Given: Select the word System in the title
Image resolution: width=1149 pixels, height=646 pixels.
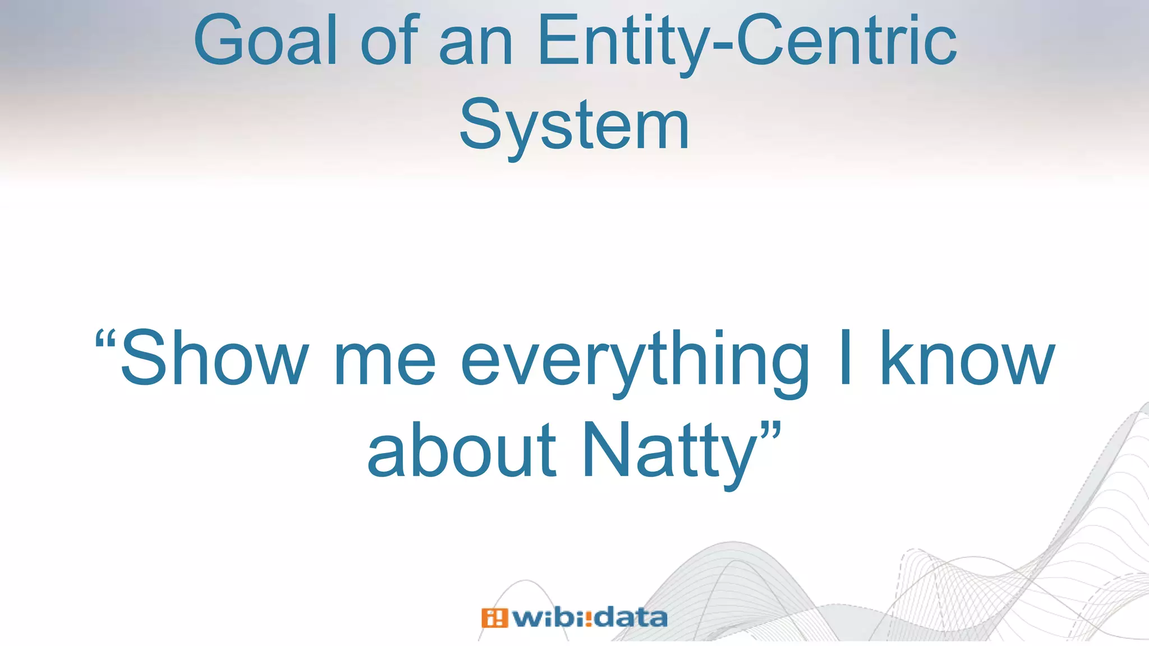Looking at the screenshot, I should [x=574, y=126].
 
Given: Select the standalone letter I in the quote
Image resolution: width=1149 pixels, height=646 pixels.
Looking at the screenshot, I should [x=845, y=359].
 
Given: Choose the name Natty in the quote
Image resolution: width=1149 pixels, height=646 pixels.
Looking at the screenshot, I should [x=670, y=451].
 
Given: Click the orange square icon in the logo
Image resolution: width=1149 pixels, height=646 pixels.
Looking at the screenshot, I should [x=494, y=618].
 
